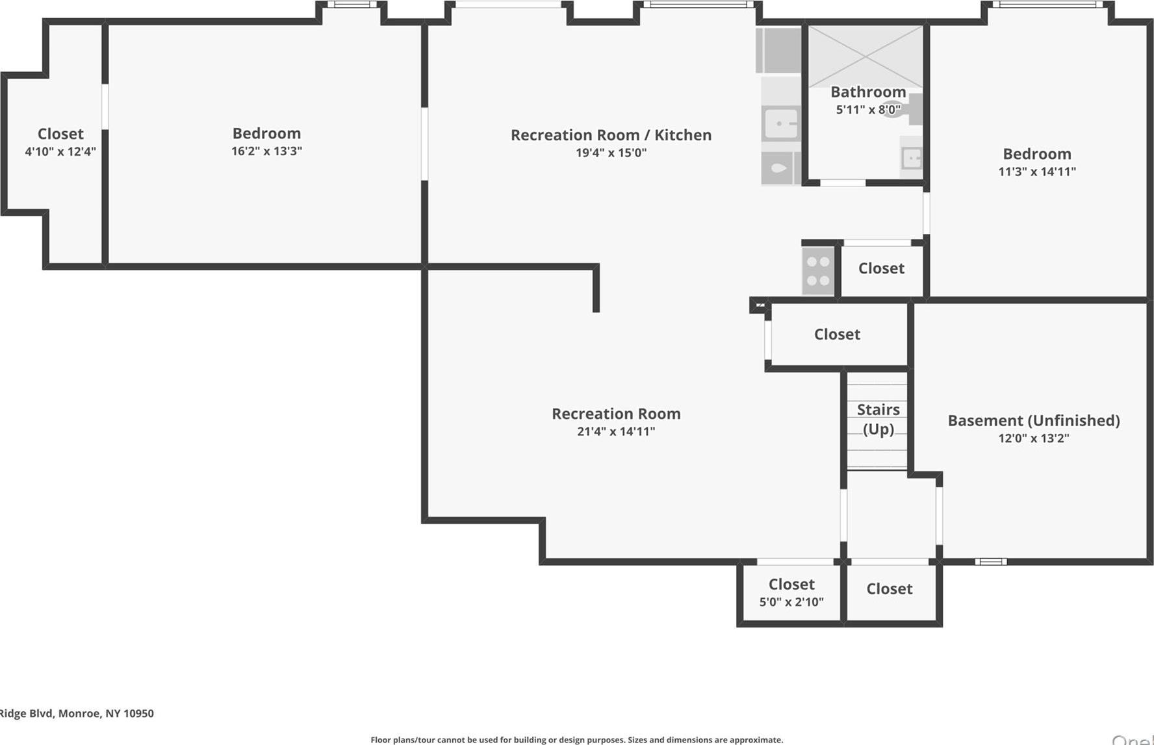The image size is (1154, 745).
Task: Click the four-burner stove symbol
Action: (818, 271)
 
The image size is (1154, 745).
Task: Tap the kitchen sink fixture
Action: (781, 123)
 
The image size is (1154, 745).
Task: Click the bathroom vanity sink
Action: (911, 158)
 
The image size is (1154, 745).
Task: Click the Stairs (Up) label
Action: (878, 419)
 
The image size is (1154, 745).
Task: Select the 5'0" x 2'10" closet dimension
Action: (791, 602)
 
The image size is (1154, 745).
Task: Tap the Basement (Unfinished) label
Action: (1033, 420)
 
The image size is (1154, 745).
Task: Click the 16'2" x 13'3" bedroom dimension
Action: (266, 151)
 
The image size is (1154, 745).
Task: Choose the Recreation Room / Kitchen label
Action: (611, 134)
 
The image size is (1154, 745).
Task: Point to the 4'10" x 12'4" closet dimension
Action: (60, 151)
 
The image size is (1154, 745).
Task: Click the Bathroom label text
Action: (868, 92)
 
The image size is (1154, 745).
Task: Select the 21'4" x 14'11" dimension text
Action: (616, 431)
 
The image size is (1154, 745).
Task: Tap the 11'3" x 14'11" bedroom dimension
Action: (1037, 171)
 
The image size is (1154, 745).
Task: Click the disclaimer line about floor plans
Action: (576, 740)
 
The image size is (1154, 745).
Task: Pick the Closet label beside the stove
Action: (881, 268)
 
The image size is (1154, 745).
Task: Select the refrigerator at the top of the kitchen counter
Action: (778, 50)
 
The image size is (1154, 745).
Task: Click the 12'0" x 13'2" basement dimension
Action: (1033, 438)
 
